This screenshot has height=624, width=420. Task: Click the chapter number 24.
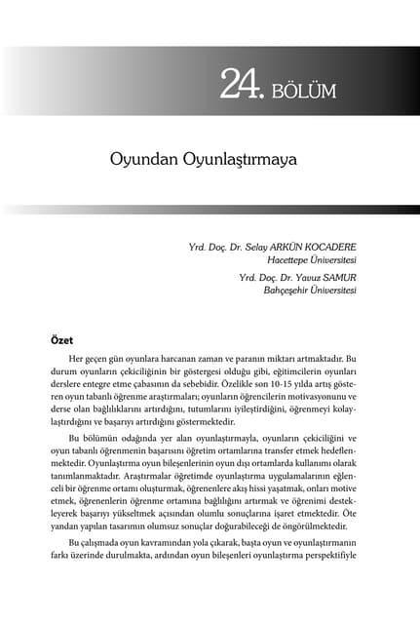click(x=241, y=87)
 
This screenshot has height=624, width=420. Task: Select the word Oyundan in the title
click(x=143, y=157)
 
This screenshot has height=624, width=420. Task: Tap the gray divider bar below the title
click(x=210, y=209)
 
